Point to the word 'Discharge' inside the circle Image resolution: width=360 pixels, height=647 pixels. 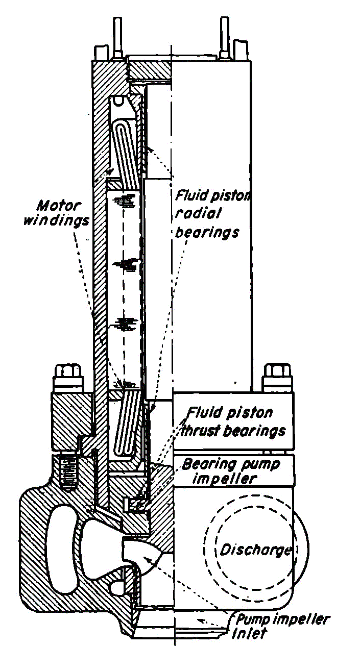(x=255, y=551)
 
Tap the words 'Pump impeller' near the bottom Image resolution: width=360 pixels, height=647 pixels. (x=282, y=620)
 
